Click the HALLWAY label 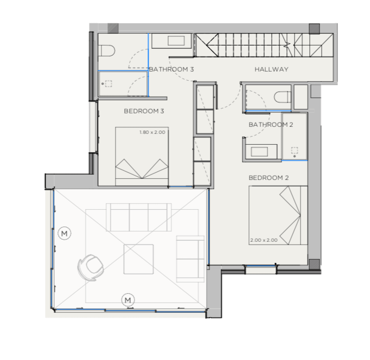271,69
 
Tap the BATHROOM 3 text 171,69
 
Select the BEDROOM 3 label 144,111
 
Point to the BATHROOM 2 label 271,125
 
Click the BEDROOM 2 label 269,178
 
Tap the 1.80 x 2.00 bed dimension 152,132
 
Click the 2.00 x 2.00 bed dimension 264,240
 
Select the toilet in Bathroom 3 106,50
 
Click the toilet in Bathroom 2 283,97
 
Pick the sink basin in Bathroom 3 176,41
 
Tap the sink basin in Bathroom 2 259,152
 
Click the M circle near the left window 65,233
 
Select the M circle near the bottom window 128,300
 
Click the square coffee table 139,259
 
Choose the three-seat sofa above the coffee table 139,217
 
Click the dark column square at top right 314,29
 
